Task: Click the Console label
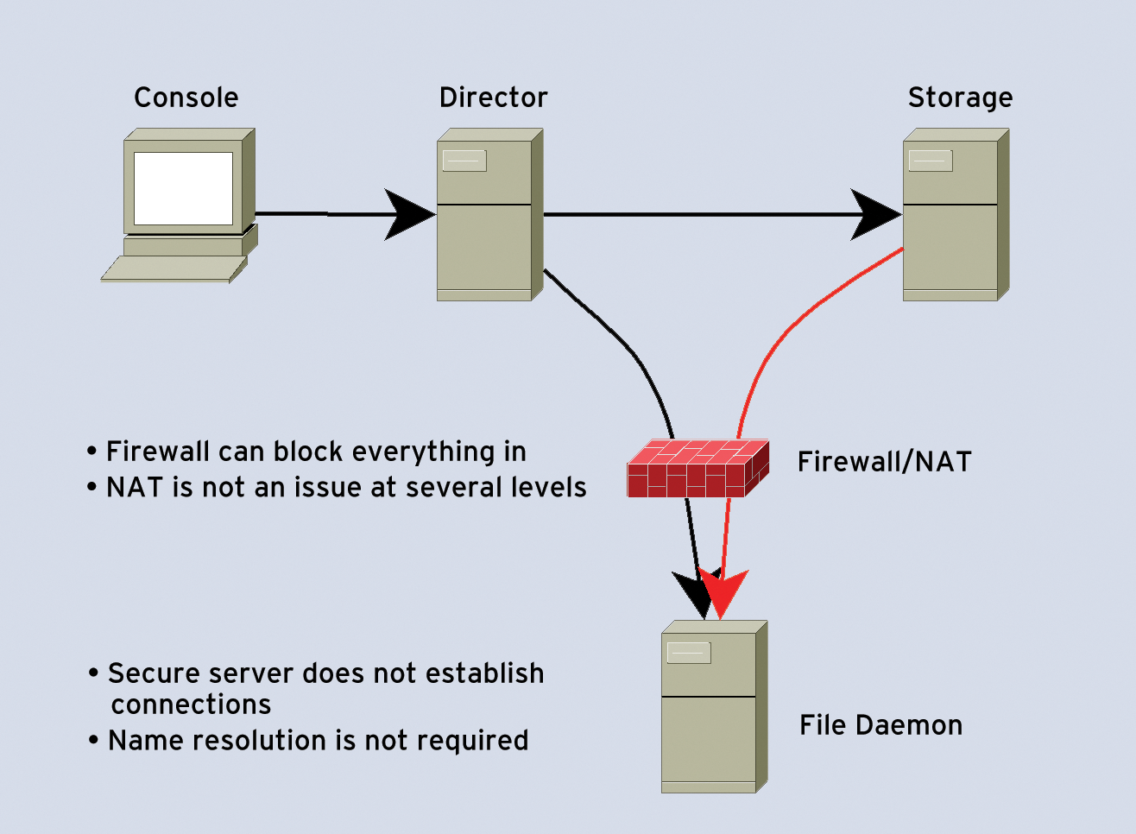(x=186, y=98)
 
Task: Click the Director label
(x=493, y=98)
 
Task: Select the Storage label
(x=960, y=98)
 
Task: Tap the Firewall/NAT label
(x=884, y=462)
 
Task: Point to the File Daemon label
(x=880, y=725)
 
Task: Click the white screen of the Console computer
(x=183, y=188)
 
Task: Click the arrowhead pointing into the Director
(x=408, y=214)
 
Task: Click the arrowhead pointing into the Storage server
(x=874, y=214)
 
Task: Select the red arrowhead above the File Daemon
(x=723, y=591)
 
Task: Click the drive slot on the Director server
(x=464, y=161)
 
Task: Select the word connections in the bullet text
(x=191, y=704)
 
